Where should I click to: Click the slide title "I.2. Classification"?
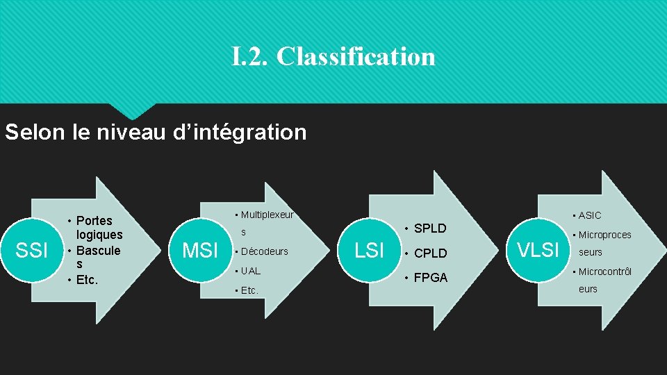[x=333, y=56]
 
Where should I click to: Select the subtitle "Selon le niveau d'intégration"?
[x=156, y=132]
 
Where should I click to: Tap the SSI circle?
[x=32, y=251]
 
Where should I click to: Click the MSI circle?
[x=200, y=250]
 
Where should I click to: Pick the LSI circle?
[x=369, y=250]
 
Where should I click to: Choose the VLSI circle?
[x=538, y=250]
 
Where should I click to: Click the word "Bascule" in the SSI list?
[x=98, y=250]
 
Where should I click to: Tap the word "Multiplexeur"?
[x=267, y=215]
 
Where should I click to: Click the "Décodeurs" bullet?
[x=265, y=251]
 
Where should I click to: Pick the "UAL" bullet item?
[x=251, y=271]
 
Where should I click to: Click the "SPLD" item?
[x=430, y=228]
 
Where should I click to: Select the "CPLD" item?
[x=430, y=253]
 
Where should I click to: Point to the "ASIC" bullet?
[x=590, y=215]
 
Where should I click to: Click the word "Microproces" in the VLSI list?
[x=604, y=235]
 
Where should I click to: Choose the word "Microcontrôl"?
[x=604, y=271]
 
